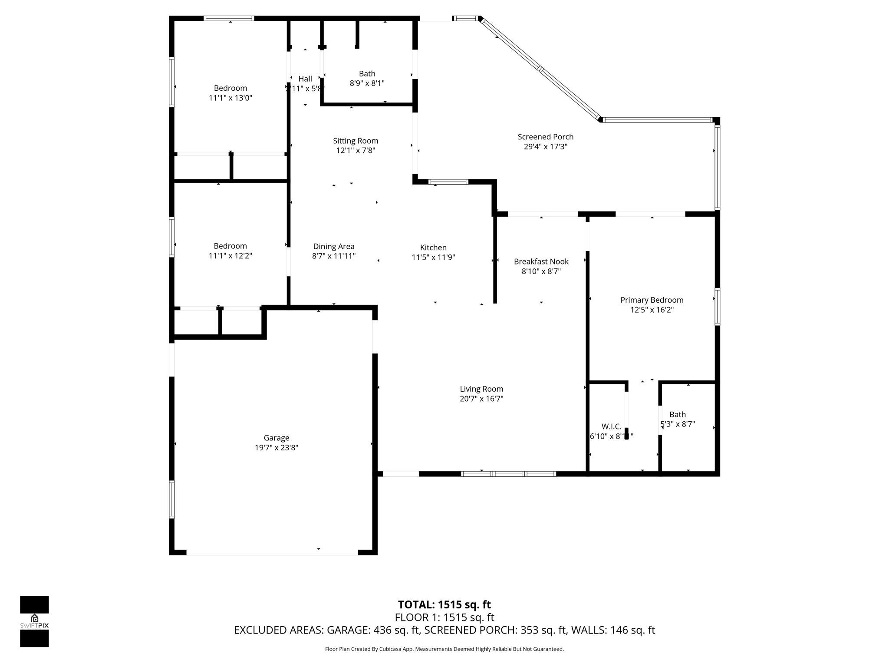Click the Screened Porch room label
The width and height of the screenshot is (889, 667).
pyautogui.click(x=545, y=137)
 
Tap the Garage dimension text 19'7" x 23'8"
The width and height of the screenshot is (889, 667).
pyautogui.click(x=277, y=448)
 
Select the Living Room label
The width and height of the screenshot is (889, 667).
pyautogui.click(x=481, y=389)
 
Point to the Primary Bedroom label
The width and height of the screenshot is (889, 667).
pyautogui.click(x=652, y=300)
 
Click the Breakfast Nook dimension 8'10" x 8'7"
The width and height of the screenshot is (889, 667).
pyautogui.click(x=541, y=271)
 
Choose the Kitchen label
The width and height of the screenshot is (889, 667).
pyautogui.click(x=433, y=248)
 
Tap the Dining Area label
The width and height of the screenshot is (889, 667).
pyautogui.click(x=334, y=247)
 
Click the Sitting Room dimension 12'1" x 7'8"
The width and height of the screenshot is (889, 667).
pyautogui.click(x=356, y=151)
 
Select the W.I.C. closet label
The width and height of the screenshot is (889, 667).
pyautogui.click(x=611, y=426)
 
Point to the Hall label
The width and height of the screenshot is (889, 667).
pyautogui.click(x=305, y=79)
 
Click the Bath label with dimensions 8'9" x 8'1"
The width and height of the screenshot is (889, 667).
pyautogui.click(x=367, y=74)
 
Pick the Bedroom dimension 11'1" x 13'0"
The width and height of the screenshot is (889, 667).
pyautogui.click(x=230, y=98)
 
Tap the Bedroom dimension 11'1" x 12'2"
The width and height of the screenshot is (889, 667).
pyautogui.click(x=230, y=256)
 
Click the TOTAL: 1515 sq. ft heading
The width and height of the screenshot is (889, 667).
pyautogui.click(x=444, y=604)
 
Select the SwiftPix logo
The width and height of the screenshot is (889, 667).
pyautogui.click(x=34, y=621)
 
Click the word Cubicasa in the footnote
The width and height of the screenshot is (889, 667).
pyautogui.click(x=389, y=649)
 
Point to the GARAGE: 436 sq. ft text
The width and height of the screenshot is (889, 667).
pyautogui.click(x=373, y=630)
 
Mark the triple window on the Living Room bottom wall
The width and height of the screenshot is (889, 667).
pyautogui.click(x=508, y=474)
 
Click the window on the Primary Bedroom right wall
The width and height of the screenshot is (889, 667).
pyautogui.click(x=717, y=307)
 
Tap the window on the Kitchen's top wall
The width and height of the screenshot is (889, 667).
pyautogui.click(x=448, y=182)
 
